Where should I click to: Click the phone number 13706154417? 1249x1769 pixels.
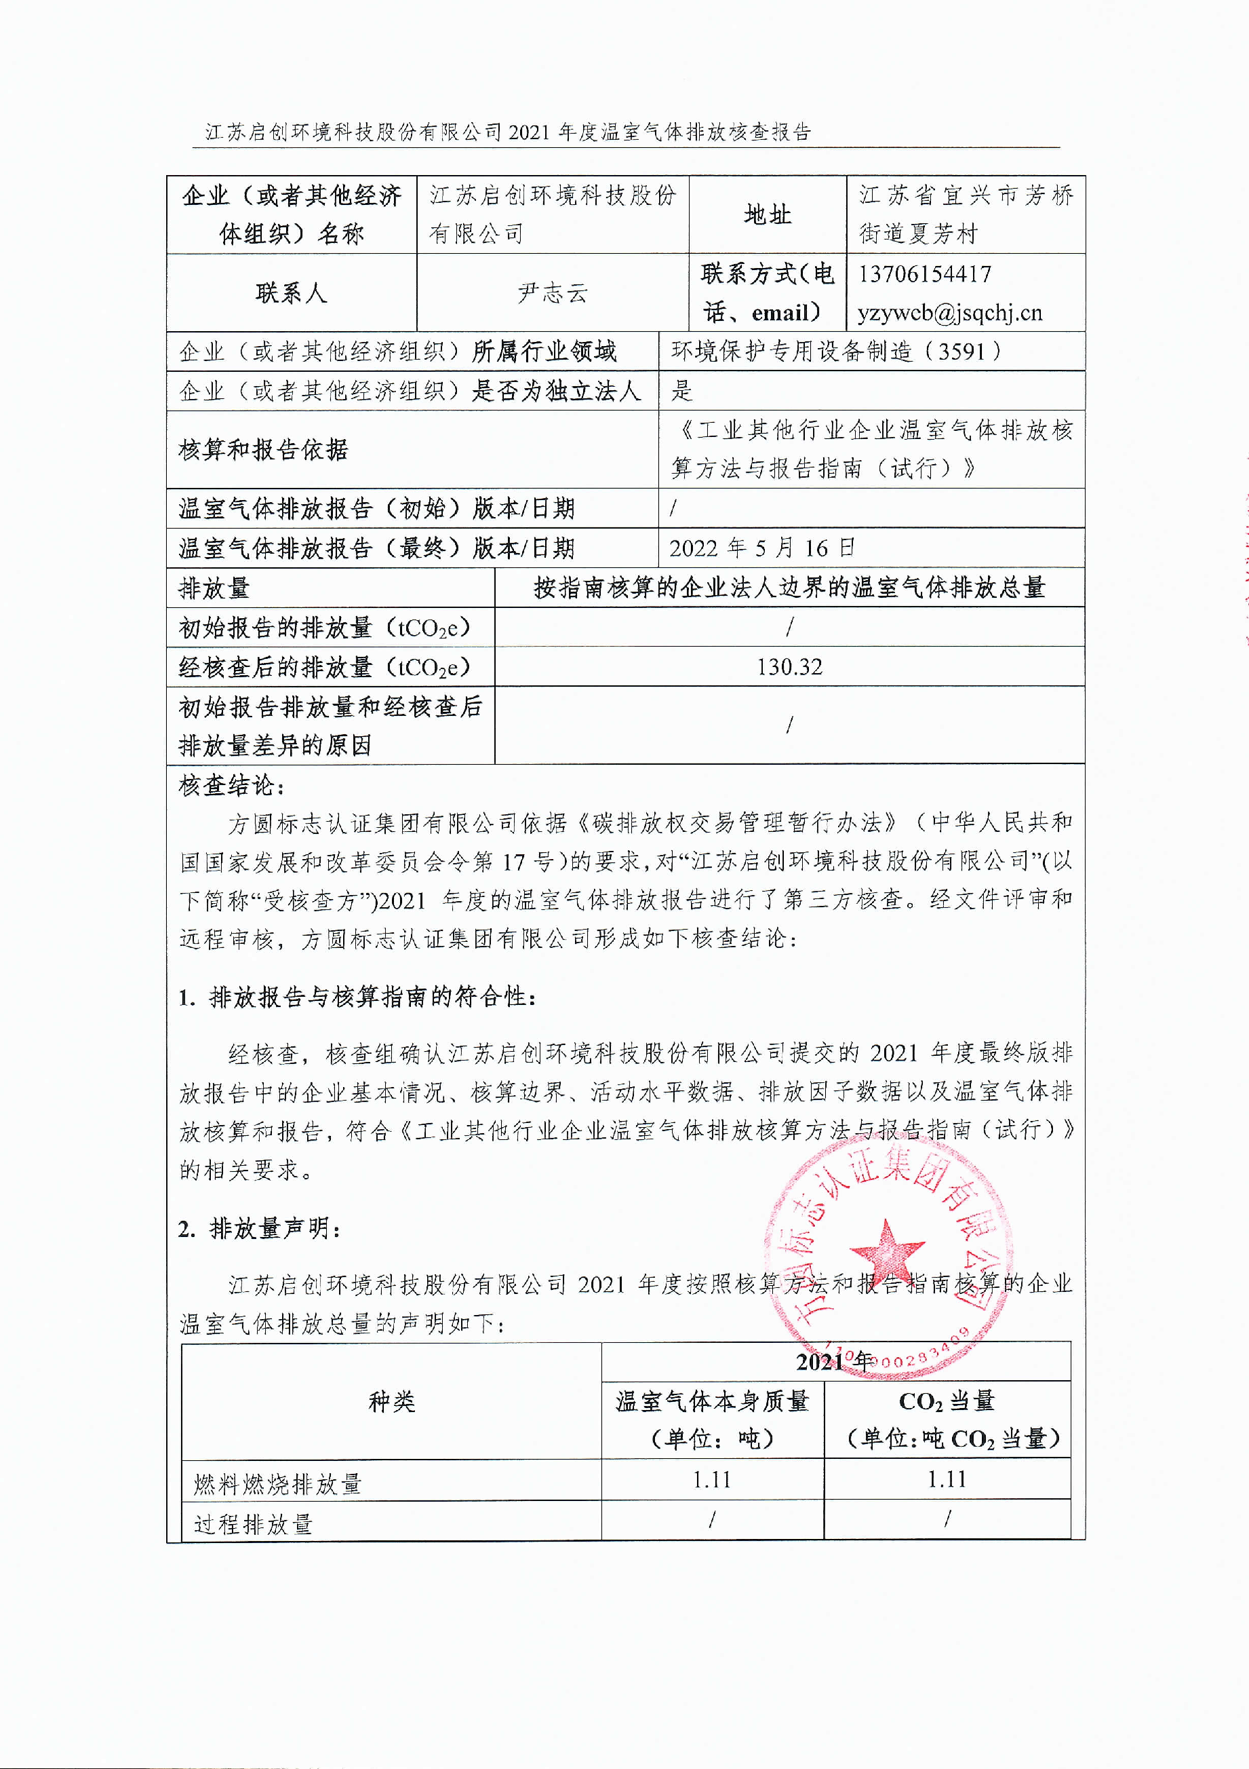(925, 273)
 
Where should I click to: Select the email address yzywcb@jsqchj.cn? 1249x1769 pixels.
(949, 313)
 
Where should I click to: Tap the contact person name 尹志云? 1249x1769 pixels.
(552, 292)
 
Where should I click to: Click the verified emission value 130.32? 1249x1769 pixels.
(789, 666)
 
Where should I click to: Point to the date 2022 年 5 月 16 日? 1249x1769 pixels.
(761, 548)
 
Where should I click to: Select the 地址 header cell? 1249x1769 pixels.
(767, 215)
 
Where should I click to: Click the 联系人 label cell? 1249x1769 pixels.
(291, 292)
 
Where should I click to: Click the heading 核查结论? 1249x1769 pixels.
(232, 785)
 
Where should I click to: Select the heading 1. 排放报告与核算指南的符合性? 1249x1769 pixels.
(357, 997)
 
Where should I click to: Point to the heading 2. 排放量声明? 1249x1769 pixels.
(259, 1228)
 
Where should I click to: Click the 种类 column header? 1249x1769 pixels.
(391, 1401)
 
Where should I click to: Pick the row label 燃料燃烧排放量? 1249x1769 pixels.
(277, 1483)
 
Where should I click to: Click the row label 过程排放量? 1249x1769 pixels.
(254, 1523)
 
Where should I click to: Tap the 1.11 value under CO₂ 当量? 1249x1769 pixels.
(947, 1479)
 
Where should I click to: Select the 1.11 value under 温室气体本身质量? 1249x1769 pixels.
(711, 1479)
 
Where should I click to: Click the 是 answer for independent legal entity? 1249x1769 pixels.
(682, 391)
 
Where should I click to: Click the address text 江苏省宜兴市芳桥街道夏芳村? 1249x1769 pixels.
(966, 215)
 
